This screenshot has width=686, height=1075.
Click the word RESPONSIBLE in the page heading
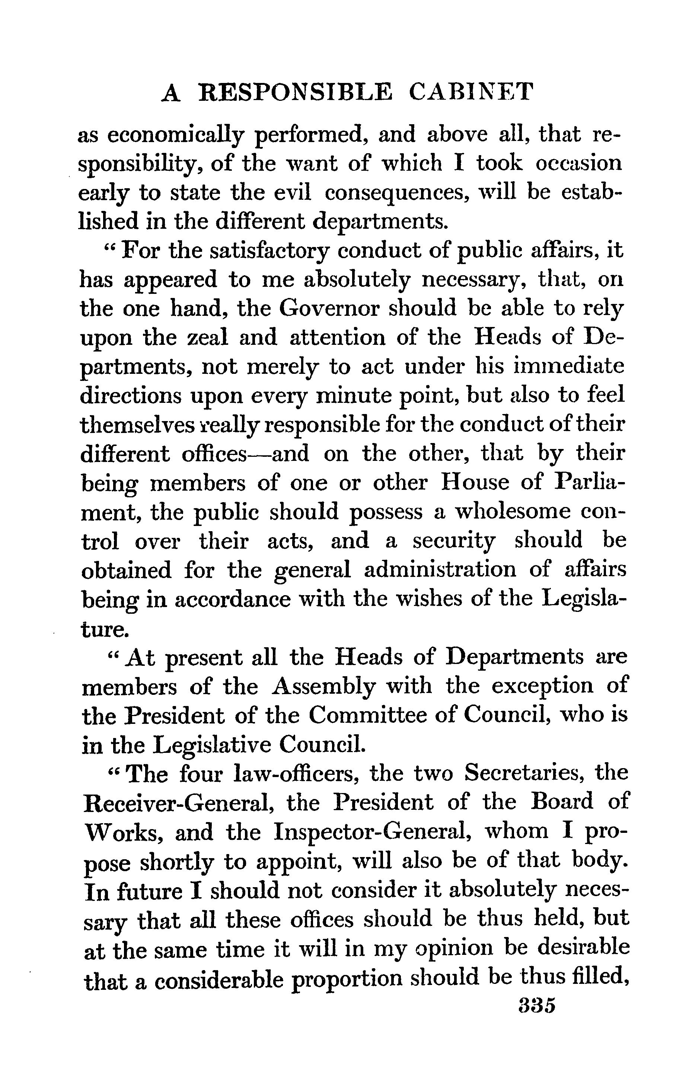(296, 92)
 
